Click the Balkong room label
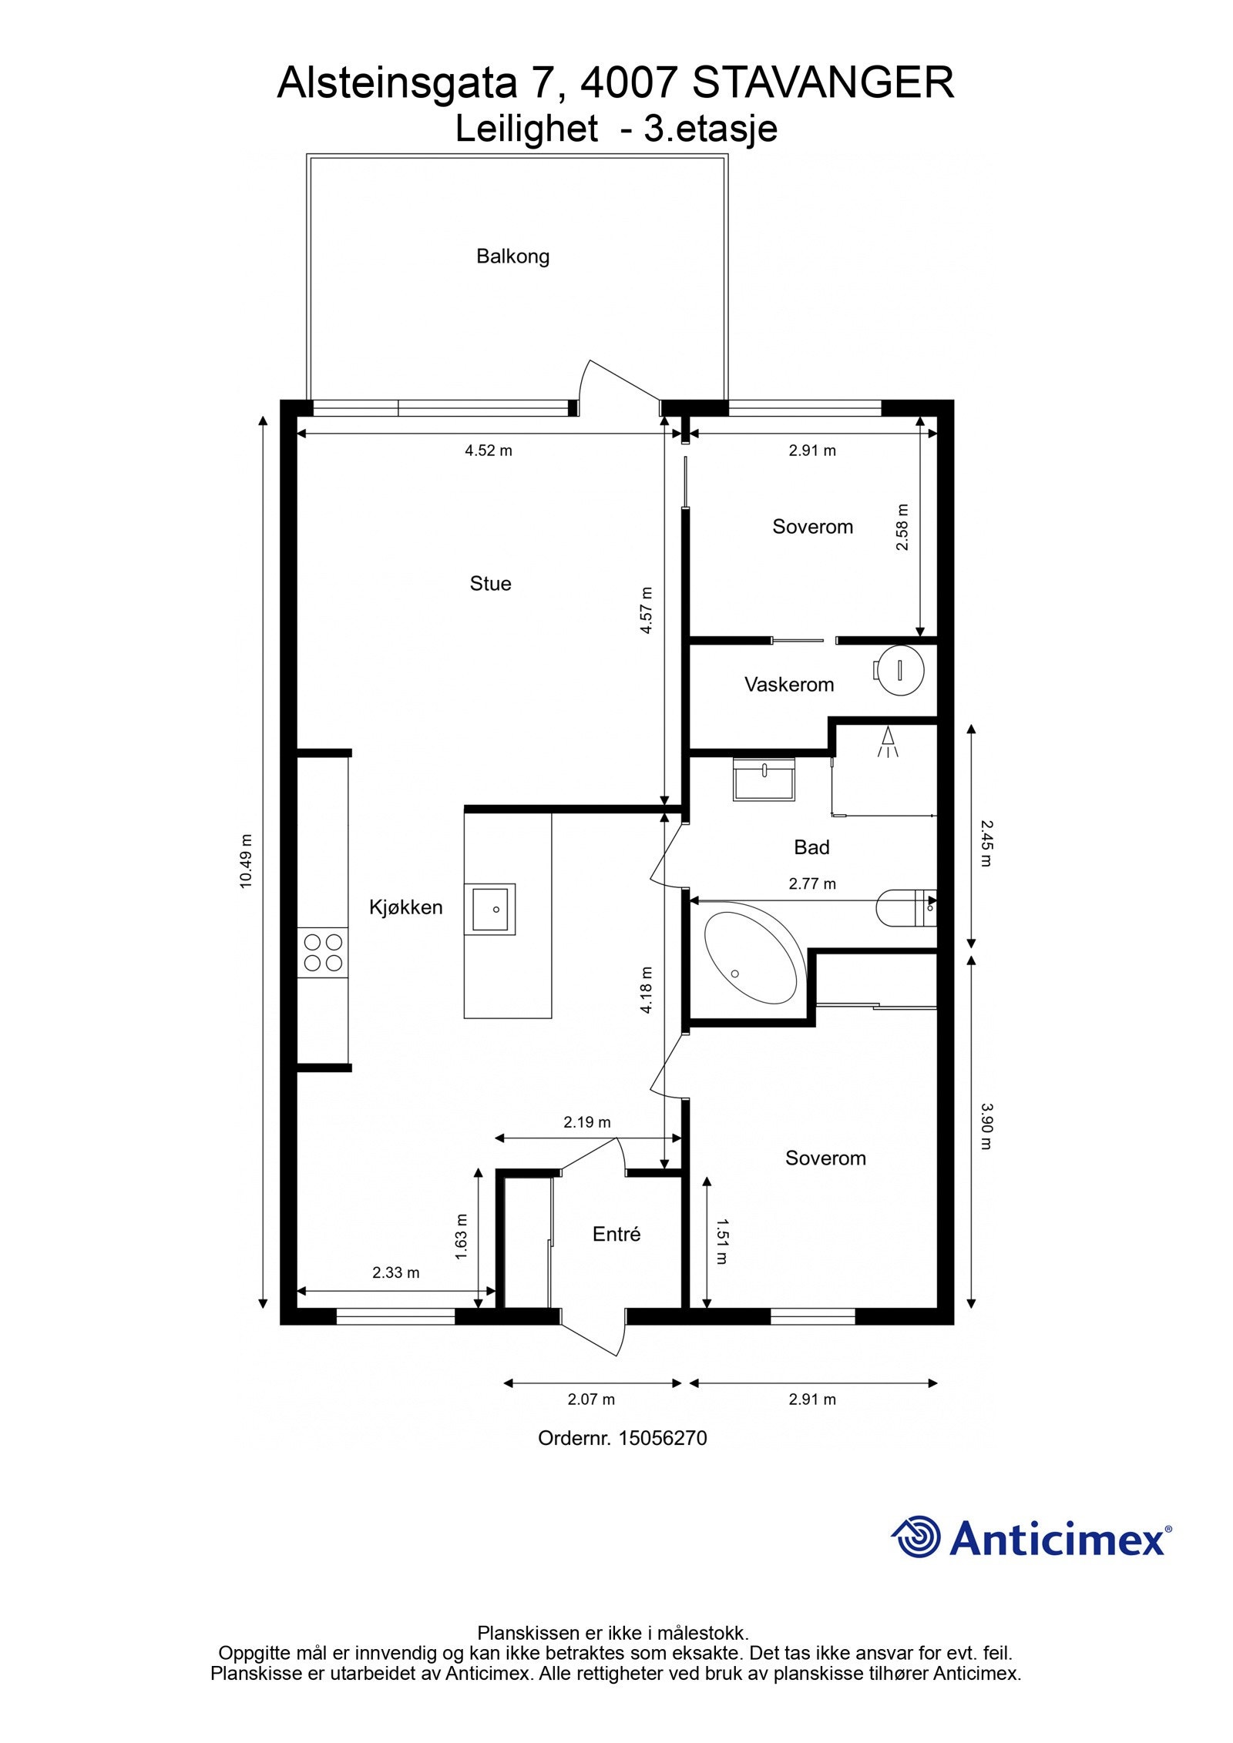[x=512, y=256]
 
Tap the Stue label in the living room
[x=490, y=584]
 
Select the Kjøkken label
[x=405, y=907]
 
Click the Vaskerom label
[x=788, y=684]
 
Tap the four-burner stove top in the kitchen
[x=323, y=952]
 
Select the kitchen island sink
[x=489, y=909]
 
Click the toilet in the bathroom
[x=902, y=907]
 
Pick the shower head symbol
[x=888, y=742]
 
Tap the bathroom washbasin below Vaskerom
[x=763, y=779]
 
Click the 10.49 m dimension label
[x=246, y=860]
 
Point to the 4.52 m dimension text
[x=488, y=451]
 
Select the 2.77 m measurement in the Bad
[x=811, y=883]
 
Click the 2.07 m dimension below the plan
[x=591, y=1399]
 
